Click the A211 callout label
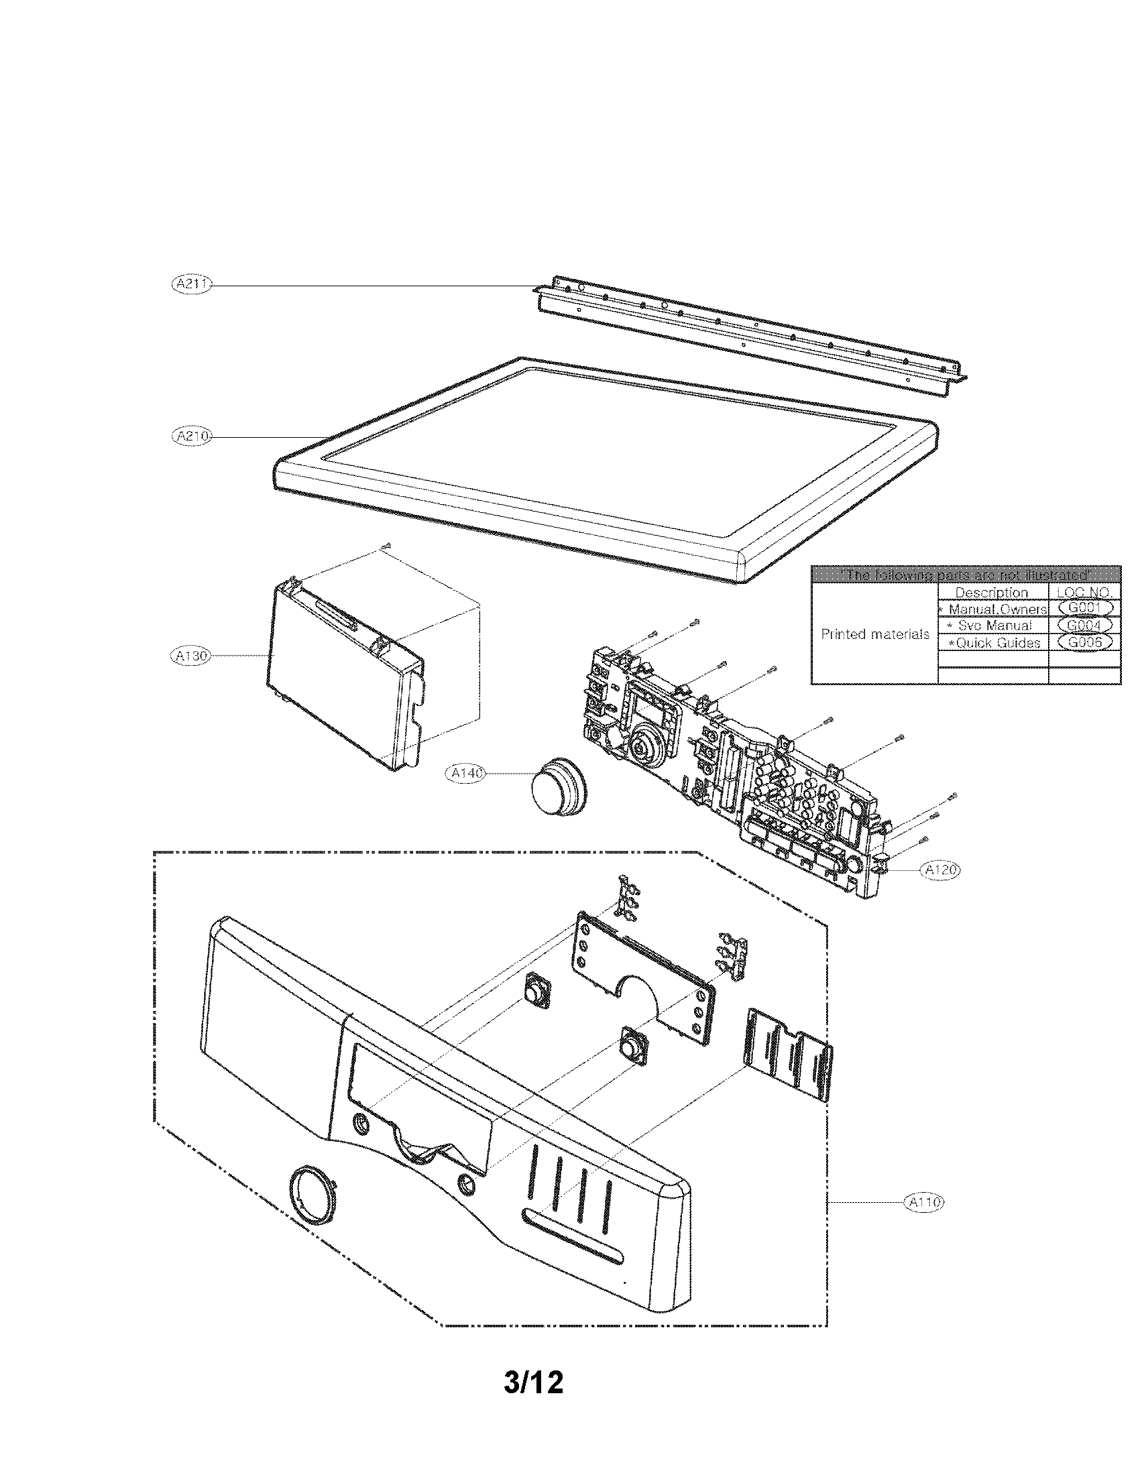click(192, 285)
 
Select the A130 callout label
click(190, 655)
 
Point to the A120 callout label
click(941, 870)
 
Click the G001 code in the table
click(1084, 608)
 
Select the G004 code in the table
click(1084, 626)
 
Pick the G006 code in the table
click(1084, 642)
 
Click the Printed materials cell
click(874, 634)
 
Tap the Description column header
click(991, 592)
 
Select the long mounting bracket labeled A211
click(750, 331)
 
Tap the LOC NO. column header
click(1084, 592)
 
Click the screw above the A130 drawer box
click(386, 545)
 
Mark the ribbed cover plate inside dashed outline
click(789, 1054)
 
